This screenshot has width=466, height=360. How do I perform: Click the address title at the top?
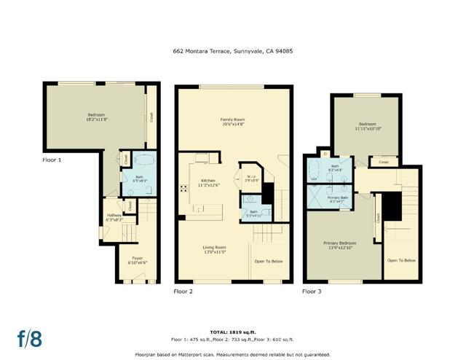(x=233, y=51)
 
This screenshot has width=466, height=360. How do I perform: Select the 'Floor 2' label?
(x=183, y=291)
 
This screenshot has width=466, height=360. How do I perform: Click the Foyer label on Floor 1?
(x=138, y=259)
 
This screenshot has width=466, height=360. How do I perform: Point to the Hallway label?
(x=114, y=216)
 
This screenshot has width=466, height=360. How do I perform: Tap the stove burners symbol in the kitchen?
(x=183, y=187)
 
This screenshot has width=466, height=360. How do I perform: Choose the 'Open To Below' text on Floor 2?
(x=269, y=261)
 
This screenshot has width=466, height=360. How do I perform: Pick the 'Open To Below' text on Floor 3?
(x=401, y=260)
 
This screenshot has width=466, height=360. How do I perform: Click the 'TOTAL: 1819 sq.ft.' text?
(x=233, y=332)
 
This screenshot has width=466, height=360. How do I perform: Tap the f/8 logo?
(x=30, y=339)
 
